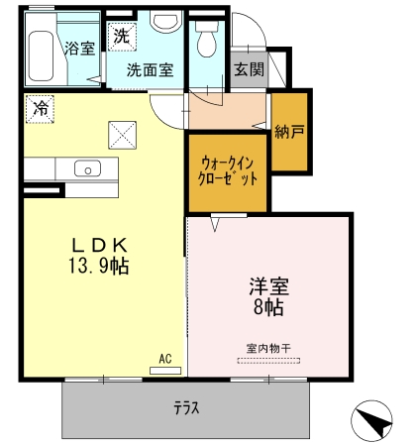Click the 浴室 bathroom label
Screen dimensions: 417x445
79,49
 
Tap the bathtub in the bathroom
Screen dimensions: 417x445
41,56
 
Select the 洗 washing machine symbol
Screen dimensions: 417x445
122,37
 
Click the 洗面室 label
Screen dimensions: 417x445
150,70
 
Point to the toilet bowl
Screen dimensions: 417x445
207,39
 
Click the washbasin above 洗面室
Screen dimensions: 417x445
166,21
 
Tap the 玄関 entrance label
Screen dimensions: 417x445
250,69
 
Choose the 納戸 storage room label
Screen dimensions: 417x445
289,132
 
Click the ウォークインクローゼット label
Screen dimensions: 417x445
228,171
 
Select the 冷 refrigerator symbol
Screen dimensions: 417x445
40,109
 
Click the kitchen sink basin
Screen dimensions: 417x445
87,168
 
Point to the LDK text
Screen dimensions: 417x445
100,246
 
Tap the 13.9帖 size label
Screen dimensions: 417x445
98,266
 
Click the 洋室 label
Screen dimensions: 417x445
269,286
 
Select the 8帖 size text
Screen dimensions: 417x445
268,307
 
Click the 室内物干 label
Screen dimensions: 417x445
268,348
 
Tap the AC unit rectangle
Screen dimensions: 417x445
165,371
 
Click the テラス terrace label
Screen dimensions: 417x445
186,408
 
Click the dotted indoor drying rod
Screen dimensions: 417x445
268,361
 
